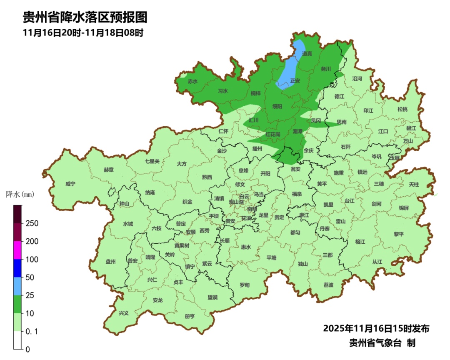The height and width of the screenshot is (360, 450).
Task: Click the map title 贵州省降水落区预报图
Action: [85, 17]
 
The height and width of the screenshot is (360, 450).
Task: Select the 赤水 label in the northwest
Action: [192, 81]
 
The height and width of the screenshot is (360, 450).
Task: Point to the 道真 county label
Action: [307, 54]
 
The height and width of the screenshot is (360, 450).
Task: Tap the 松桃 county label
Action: [402, 109]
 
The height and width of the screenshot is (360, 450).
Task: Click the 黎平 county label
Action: [399, 234]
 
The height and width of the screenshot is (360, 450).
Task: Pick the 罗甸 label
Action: [245, 285]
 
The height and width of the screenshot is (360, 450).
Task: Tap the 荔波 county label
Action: [328, 285]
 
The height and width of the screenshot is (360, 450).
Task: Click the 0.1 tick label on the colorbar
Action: [32, 332]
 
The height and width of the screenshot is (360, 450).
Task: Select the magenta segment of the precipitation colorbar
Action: [17, 250]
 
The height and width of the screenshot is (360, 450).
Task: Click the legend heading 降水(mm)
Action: [20, 195]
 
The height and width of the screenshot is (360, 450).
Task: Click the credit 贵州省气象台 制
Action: [382, 343]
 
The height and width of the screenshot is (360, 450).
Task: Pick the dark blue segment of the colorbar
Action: [17, 268]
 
